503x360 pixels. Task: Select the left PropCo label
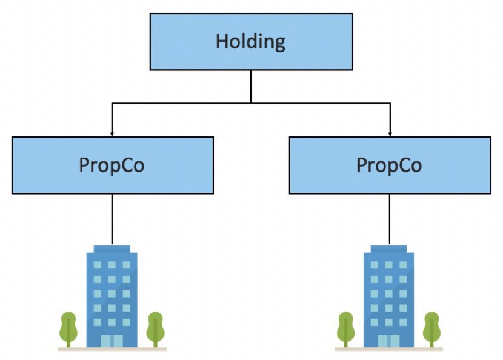(x=112, y=165)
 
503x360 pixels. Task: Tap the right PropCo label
(x=389, y=165)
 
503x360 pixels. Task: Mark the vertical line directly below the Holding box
(x=250, y=86)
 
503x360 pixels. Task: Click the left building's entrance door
(x=112, y=341)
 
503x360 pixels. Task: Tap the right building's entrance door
(x=389, y=341)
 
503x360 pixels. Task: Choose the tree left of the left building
(x=68, y=327)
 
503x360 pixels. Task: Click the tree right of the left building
(x=155, y=327)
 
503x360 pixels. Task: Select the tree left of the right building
(x=345, y=327)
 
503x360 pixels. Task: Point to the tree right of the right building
(x=431, y=327)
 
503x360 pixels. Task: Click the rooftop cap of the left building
(x=112, y=248)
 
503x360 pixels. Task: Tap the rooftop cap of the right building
(x=389, y=248)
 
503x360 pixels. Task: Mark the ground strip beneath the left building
(x=112, y=349)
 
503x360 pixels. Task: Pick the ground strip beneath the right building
(x=389, y=349)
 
